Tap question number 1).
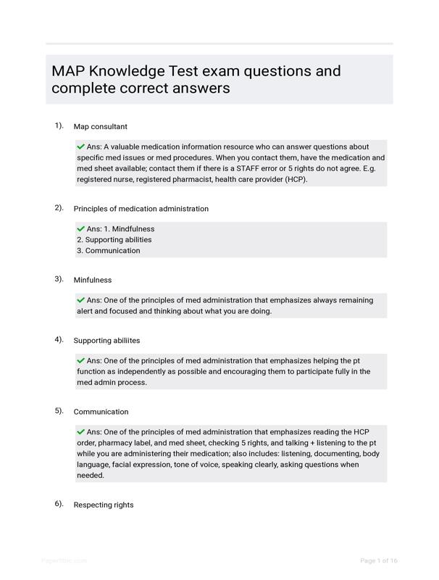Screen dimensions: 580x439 point(59,125)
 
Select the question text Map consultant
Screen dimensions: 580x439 point(100,127)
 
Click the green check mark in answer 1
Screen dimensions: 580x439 point(80,146)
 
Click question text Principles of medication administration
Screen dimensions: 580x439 point(141,209)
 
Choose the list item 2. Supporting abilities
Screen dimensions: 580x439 point(114,240)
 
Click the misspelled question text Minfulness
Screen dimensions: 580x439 point(93,280)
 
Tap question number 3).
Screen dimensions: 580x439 point(59,278)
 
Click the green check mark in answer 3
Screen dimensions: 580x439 point(80,300)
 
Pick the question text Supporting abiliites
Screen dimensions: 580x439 point(106,341)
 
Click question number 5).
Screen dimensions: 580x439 point(59,410)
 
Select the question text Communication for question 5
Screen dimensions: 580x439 point(101,412)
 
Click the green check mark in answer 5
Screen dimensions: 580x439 point(80,432)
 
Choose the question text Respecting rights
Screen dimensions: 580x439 point(104,505)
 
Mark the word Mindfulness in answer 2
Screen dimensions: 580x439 point(133,229)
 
